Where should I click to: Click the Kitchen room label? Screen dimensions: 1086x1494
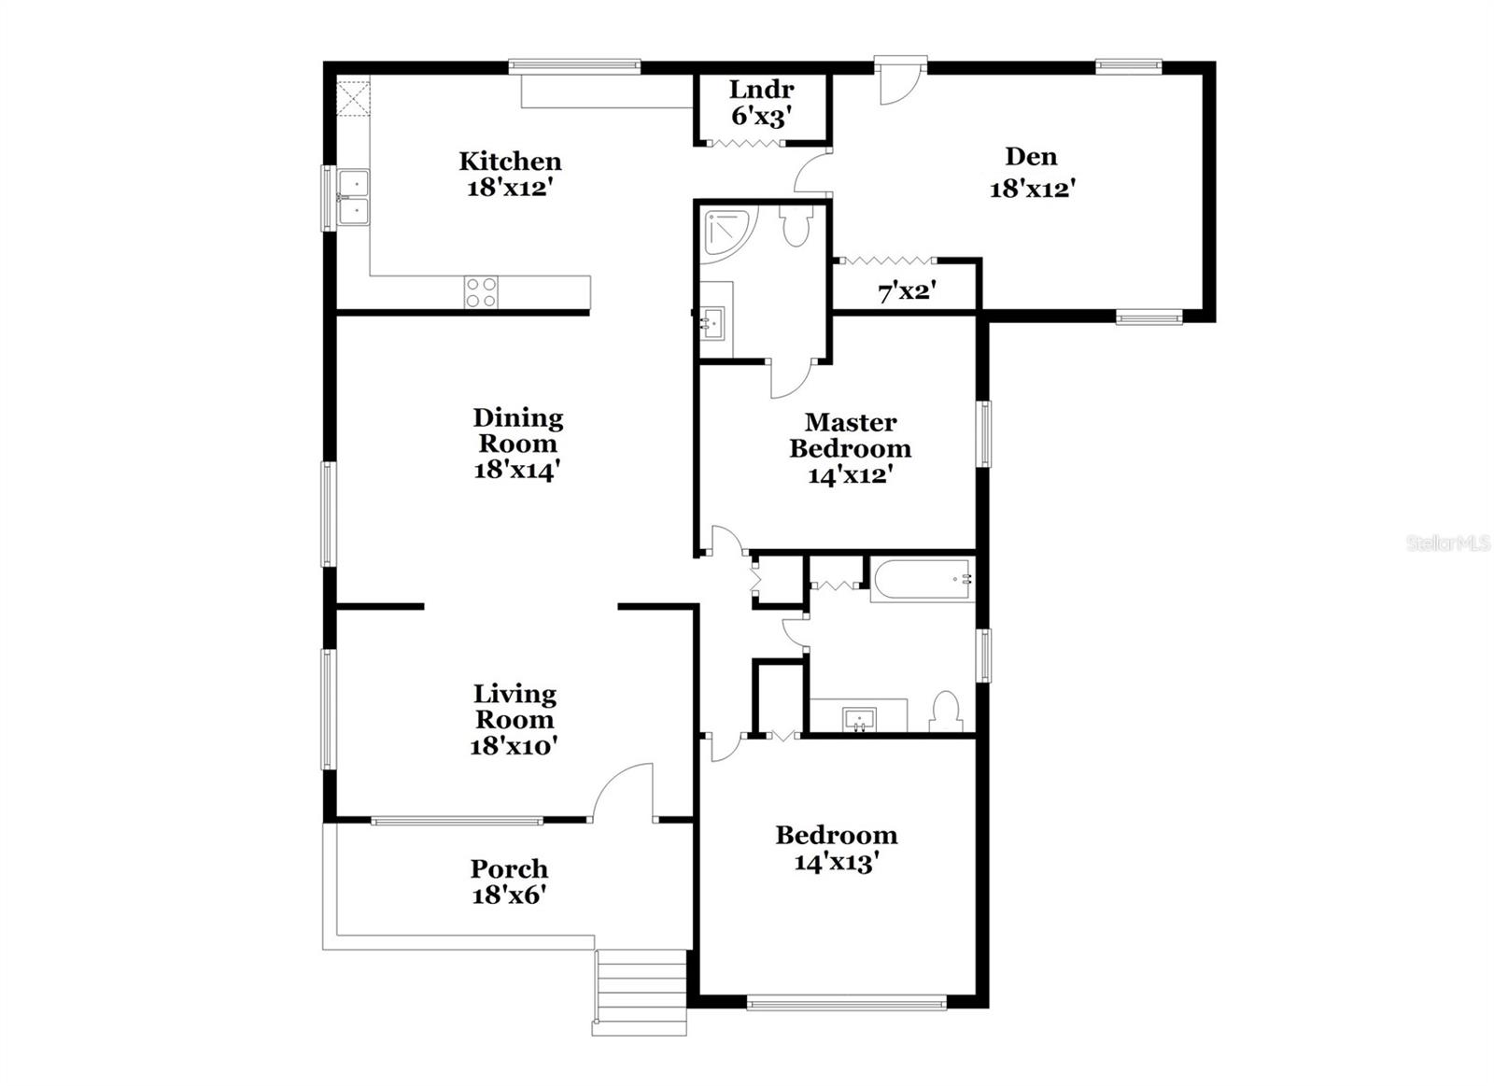[x=510, y=162]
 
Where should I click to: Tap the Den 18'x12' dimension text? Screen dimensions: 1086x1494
[x=1033, y=189]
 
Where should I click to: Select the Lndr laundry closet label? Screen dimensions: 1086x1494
[x=761, y=90]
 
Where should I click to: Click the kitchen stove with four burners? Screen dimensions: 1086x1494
[x=481, y=292]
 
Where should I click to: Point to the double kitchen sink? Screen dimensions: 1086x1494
[x=354, y=197]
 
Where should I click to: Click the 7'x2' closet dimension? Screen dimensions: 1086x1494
[x=906, y=292]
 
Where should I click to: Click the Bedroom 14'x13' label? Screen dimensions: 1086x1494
[x=836, y=848]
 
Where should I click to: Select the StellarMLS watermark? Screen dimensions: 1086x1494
[x=1447, y=543]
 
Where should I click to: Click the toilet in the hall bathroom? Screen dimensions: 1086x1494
[x=946, y=711]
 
